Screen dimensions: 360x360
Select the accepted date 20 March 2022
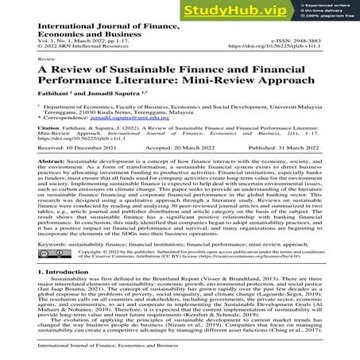tap(198, 169)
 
